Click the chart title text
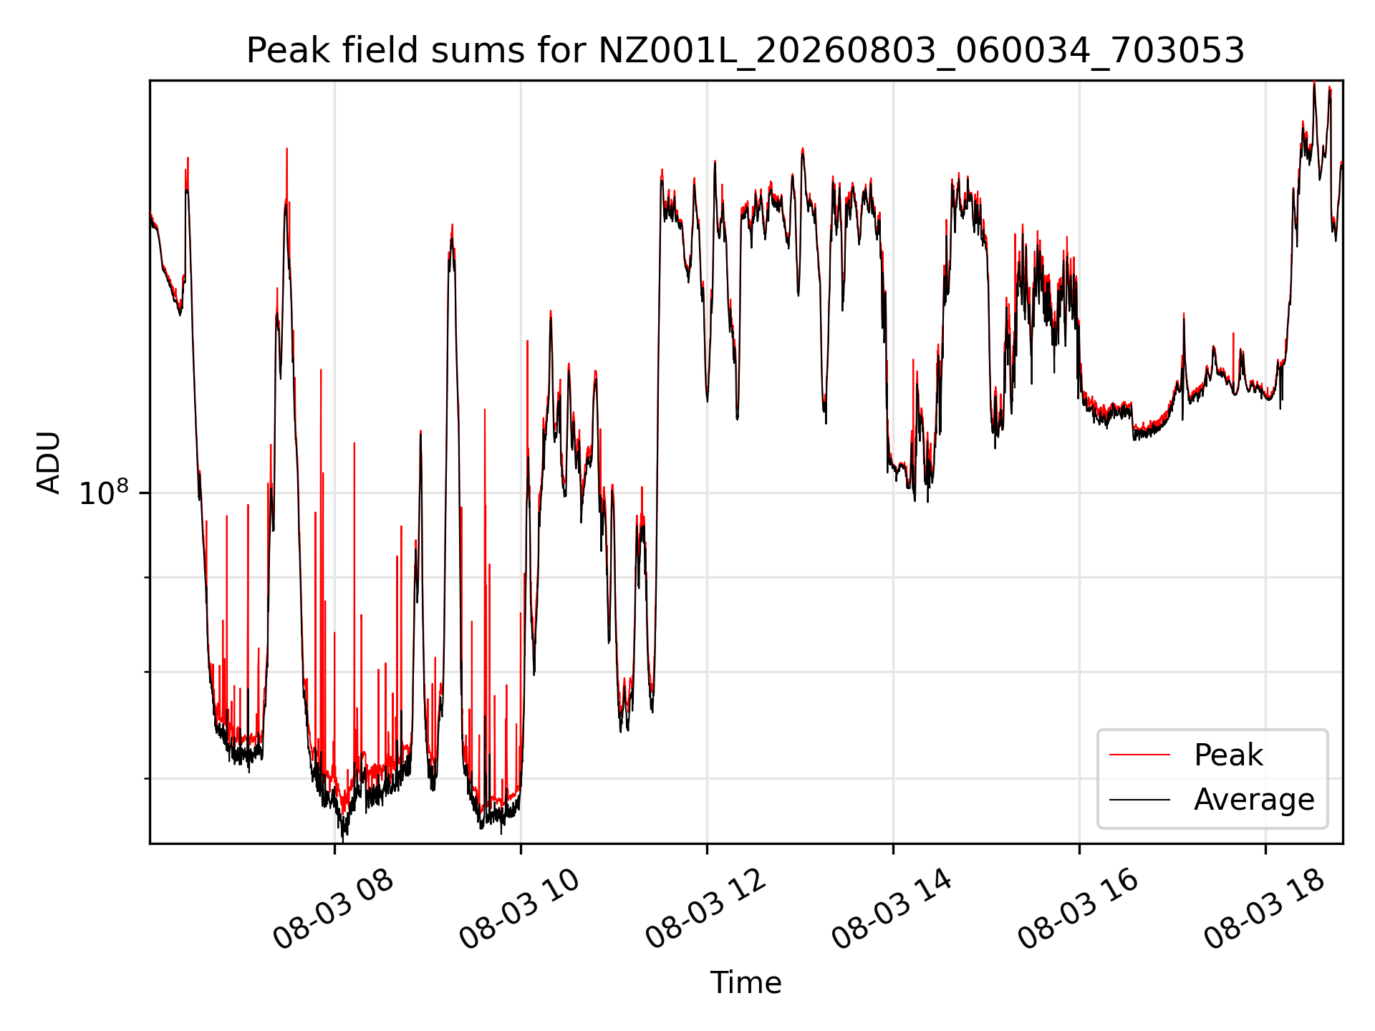click(746, 51)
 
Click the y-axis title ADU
click(49, 463)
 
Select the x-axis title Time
click(746, 982)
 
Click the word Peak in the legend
click(1228, 755)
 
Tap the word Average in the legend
click(1254, 800)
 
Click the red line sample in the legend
click(1140, 755)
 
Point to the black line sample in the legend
click(1140, 800)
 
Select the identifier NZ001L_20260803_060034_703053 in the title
click(921, 52)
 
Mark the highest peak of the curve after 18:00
click(1314, 82)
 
